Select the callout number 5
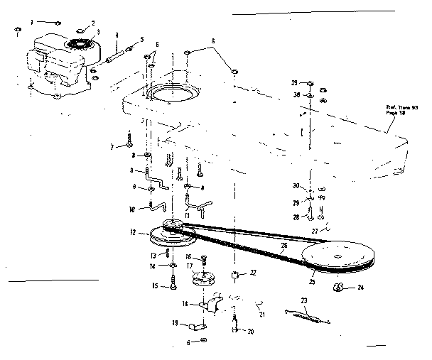click(x=141, y=39)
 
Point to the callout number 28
click(x=296, y=217)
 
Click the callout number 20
click(x=249, y=330)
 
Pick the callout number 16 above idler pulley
click(x=189, y=256)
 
